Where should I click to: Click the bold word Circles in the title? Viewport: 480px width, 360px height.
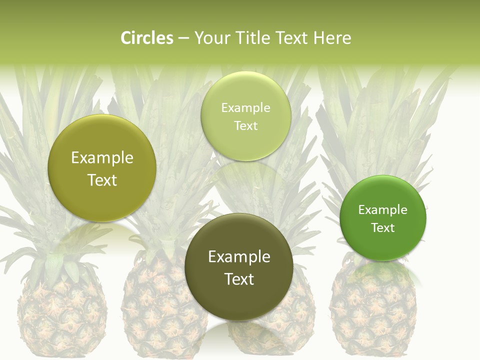pyautogui.click(x=146, y=38)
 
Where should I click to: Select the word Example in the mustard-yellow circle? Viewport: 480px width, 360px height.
pyautogui.click(x=102, y=158)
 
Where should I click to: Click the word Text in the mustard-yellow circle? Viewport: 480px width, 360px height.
pyautogui.click(x=102, y=180)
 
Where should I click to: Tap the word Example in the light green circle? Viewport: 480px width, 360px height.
pyautogui.click(x=245, y=108)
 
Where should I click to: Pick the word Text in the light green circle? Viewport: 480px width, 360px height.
pyautogui.click(x=245, y=126)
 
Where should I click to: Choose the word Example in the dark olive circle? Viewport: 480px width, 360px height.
pyautogui.click(x=239, y=257)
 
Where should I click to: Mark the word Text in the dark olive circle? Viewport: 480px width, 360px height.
pyautogui.click(x=239, y=279)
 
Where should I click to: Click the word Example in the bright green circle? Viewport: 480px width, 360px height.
pyautogui.click(x=382, y=210)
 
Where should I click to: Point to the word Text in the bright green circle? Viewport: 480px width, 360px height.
pyautogui.click(x=382, y=228)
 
